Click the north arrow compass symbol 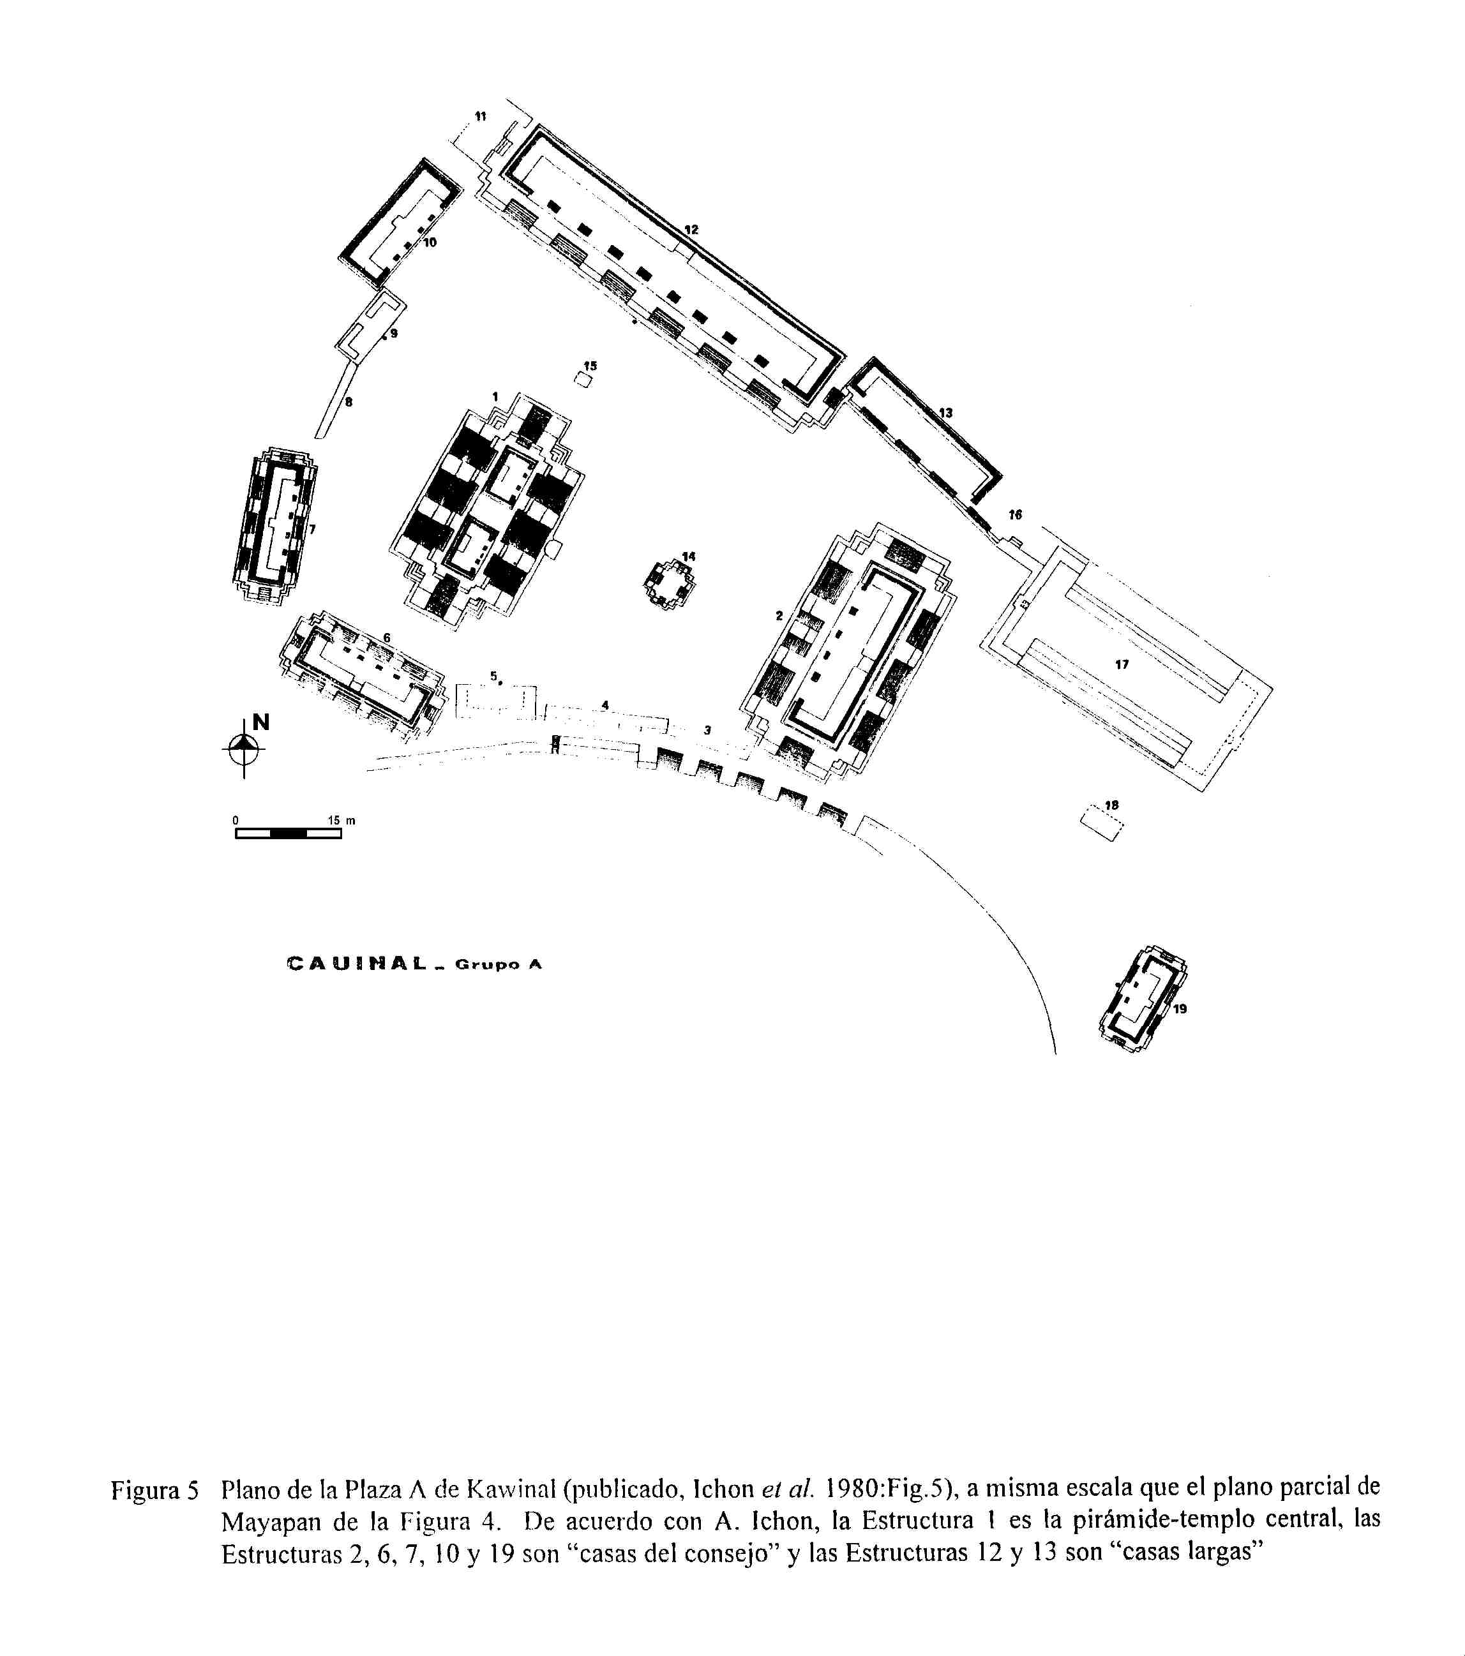[244, 748]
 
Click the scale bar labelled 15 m [289, 833]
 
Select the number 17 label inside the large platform [1122, 664]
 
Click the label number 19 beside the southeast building [1180, 1009]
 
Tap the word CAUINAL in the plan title [357, 964]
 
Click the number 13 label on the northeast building [945, 412]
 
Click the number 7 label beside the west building [312, 529]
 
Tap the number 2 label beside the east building [779, 616]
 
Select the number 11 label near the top [481, 116]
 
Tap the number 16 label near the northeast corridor [1016, 514]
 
